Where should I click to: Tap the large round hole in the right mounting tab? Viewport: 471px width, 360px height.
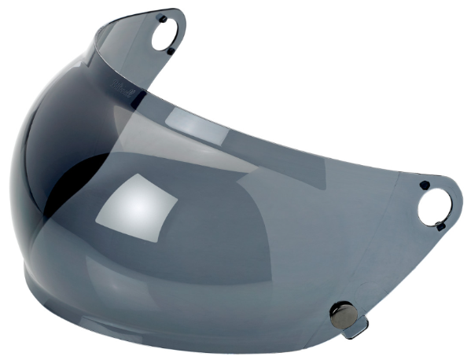click(x=435, y=207)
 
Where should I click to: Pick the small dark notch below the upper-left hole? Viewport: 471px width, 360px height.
click(x=171, y=52)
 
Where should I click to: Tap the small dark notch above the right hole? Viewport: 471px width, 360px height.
click(x=424, y=185)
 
